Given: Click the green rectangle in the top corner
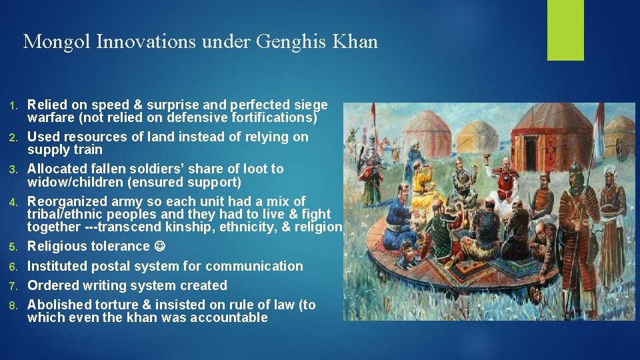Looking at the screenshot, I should (565, 30).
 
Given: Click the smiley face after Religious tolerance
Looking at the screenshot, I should (159, 247).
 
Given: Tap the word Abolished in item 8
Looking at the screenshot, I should (58, 305).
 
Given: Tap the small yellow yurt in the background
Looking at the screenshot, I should (426, 133).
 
